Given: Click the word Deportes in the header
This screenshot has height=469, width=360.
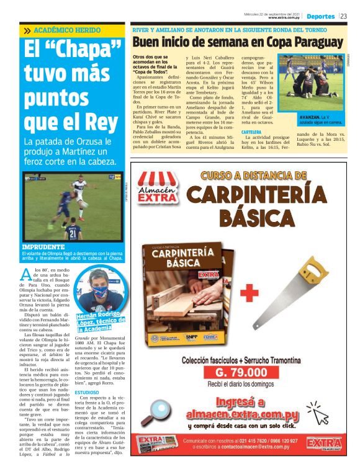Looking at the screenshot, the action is click(320, 16).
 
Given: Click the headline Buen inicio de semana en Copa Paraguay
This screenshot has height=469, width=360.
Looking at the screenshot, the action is click(237, 42).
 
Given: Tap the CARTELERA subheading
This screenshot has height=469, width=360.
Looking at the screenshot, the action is click(251, 132).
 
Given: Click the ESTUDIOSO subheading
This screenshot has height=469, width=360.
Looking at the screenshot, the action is click(87, 393).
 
